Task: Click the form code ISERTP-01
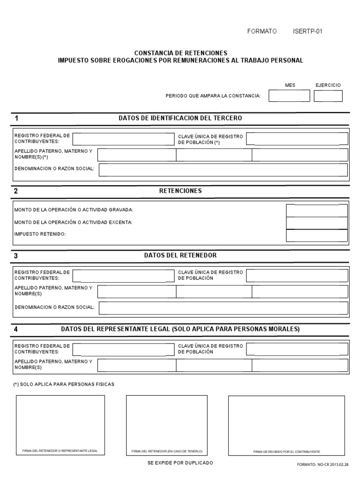pyautogui.click(x=307, y=31)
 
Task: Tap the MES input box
pyautogui.click(x=289, y=96)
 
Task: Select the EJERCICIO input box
pyautogui.click(x=328, y=96)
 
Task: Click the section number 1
pyautogui.click(x=16, y=118)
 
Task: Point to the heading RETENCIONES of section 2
pyautogui.click(x=180, y=191)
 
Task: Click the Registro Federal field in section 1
pyautogui.click(x=123, y=139)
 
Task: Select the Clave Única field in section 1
pyautogui.click(x=297, y=139)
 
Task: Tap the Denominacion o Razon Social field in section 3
pyautogui.click(x=223, y=307)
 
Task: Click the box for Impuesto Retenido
pyautogui.click(x=317, y=235)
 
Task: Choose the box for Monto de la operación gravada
pyautogui.click(x=317, y=210)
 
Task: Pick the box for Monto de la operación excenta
pyautogui.click(x=317, y=223)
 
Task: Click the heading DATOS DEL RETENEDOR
pyautogui.click(x=180, y=255)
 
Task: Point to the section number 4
pyautogui.click(x=16, y=329)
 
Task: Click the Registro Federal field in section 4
pyautogui.click(x=123, y=349)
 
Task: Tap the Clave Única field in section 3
pyautogui.click(x=297, y=276)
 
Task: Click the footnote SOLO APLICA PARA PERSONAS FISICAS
pyautogui.click(x=64, y=384)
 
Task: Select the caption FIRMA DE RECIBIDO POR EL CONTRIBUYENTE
pyautogui.click(x=286, y=451)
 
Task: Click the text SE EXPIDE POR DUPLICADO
pyautogui.click(x=180, y=463)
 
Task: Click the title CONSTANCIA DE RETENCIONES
pyautogui.click(x=180, y=53)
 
